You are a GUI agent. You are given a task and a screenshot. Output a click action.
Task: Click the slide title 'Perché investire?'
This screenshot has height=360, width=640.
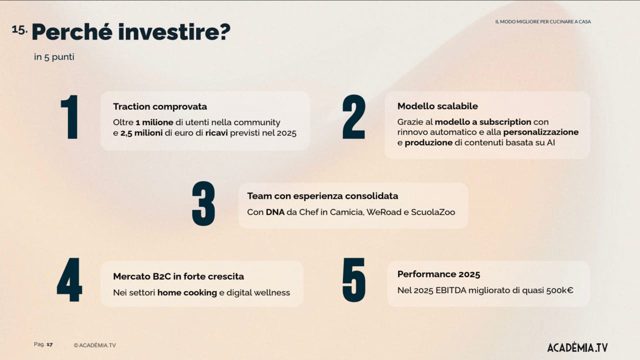(x=131, y=31)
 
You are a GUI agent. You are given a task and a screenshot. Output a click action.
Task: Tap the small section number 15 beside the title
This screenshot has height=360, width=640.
(x=19, y=29)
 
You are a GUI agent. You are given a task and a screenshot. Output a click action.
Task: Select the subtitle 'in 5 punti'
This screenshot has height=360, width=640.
(x=54, y=57)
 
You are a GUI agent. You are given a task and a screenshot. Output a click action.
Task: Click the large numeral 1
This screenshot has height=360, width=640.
(x=69, y=117)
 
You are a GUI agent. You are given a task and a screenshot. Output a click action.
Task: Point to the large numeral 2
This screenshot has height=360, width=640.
(x=353, y=117)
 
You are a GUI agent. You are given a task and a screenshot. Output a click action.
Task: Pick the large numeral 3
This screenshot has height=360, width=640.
(x=203, y=203)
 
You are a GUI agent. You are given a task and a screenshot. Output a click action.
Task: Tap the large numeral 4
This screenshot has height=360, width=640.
(x=69, y=279)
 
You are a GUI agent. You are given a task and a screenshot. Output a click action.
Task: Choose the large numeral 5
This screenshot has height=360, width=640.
(x=353, y=280)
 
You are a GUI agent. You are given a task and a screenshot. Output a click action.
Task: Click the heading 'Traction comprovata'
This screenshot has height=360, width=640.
(x=160, y=106)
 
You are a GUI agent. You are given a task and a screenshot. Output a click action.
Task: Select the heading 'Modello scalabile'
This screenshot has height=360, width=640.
(x=437, y=106)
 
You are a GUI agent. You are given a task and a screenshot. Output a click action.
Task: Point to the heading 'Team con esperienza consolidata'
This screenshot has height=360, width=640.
(x=322, y=196)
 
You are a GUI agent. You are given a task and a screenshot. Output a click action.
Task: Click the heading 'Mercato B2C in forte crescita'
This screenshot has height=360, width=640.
(x=178, y=276)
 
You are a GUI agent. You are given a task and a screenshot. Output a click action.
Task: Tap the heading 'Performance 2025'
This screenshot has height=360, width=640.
(x=438, y=274)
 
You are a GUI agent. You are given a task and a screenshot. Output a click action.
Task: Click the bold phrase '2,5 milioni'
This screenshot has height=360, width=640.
(x=141, y=133)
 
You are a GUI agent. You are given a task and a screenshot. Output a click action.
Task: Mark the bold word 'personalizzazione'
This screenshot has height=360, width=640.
(x=541, y=132)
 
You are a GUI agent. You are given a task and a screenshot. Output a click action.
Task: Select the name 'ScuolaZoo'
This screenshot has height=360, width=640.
(x=433, y=212)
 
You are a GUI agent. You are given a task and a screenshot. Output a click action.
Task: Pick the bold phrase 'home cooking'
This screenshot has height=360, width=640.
(x=187, y=293)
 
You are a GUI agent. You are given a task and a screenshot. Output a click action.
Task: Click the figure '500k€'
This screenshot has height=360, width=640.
(x=559, y=290)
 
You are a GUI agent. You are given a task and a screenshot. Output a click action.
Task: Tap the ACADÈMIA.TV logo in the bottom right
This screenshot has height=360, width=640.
(x=577, y=347)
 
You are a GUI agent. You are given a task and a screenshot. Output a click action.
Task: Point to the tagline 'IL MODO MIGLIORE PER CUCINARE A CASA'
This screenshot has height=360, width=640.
(x=543, y=21)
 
